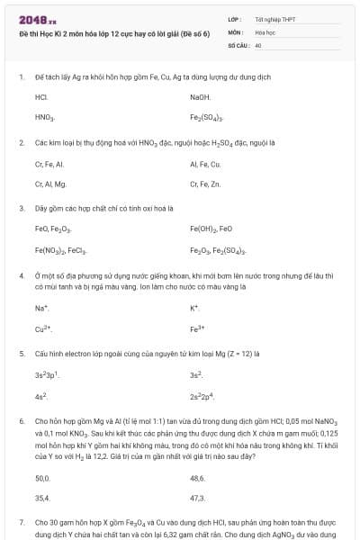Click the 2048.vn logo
click(37, 20)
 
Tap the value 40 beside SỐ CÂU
click(258, 44)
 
